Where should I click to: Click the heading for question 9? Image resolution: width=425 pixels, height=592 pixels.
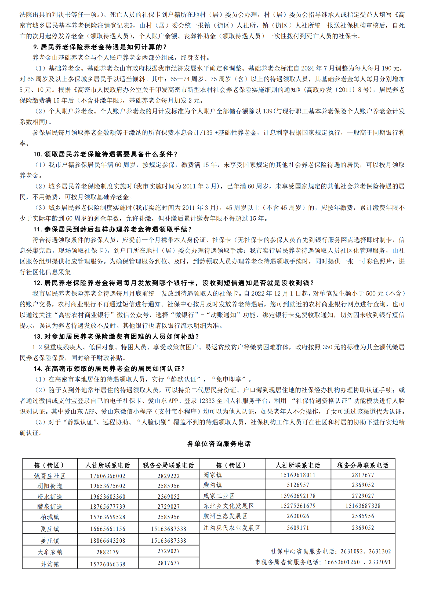(x=100, y=47)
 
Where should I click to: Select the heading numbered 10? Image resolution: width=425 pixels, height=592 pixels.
(x=105, y=154)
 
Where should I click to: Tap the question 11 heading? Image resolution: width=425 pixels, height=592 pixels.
(x=112, y=229)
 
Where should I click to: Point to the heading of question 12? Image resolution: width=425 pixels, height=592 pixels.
(x=173, y=283)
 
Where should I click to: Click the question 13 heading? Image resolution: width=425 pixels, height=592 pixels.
(x=116, y=336)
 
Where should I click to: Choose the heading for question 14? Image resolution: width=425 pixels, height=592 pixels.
(x=109, y=369)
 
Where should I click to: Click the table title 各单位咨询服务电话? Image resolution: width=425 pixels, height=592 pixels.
(x=219, y=444)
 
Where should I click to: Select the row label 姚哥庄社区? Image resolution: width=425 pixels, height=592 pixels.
(x=50, y=476)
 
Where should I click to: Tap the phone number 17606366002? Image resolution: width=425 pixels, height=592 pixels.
(x=108, y=476)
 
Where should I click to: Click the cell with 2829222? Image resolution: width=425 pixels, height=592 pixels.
(x=169, y=476)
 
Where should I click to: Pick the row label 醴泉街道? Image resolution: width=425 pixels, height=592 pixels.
(x=50, y=506)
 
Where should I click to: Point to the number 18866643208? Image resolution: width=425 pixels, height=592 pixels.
(x=108, y=541)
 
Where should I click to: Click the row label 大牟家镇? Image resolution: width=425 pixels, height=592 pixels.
(x=50, y=552)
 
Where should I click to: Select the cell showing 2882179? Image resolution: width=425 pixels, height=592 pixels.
(x=108, y=552)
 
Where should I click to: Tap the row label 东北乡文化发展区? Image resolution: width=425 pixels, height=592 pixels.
(x=228, y=506)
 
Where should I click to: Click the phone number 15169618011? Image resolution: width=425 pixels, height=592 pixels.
(x=298, y=475)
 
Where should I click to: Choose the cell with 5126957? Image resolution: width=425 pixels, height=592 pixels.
(x=298, y=485)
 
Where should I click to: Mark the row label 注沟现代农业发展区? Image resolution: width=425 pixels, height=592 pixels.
(x=232, y=528)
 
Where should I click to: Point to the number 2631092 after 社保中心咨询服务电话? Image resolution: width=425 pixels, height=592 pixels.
(x=352, y=552)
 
